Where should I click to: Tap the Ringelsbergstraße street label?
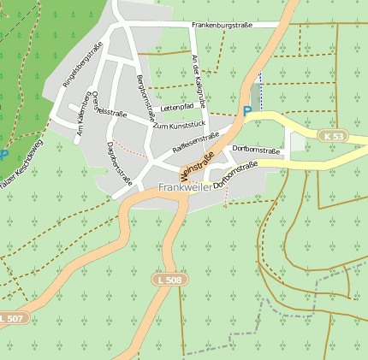pos(77,70)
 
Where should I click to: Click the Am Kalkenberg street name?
pos(83,115)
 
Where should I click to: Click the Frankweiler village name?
pos(184,186)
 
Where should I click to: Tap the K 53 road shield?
pos(335,137)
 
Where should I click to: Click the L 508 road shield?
pos(169,280)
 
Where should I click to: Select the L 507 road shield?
pos(11,317)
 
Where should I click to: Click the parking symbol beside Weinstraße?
pos(247,111)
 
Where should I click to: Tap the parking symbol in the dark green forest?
pos(3,156)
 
